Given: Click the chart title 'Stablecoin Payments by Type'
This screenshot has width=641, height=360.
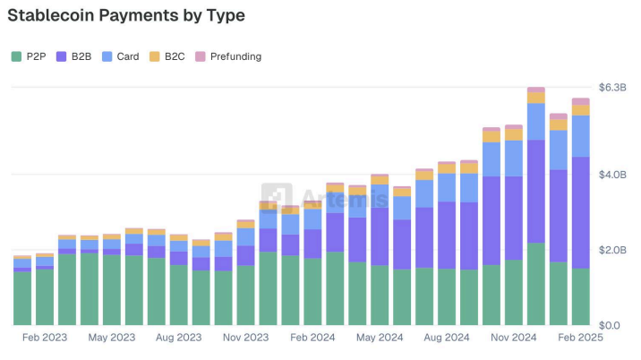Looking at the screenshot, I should point(126,15).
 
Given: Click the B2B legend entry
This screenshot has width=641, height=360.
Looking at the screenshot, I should point(74,56).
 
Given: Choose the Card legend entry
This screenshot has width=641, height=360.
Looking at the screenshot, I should point(120,56).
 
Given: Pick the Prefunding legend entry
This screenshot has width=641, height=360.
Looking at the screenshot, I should point(227,56).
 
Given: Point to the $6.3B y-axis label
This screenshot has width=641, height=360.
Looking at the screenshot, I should point(612,87).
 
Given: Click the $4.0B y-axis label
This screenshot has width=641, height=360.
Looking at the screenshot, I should point(612,174).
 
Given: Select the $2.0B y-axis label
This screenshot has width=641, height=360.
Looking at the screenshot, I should point(612,250).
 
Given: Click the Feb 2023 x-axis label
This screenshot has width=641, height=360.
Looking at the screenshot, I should point(45,339).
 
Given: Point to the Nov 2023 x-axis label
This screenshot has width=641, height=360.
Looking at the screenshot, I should point(245,339).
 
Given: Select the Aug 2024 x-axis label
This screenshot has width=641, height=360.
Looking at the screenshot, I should point(447,339).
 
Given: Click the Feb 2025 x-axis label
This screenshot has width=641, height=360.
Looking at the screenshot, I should point(580,339).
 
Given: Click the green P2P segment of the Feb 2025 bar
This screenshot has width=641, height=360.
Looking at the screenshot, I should point(580,296).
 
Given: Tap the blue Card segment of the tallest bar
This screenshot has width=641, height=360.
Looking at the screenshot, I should point(536,121).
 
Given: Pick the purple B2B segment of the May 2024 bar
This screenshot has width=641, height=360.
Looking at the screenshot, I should point(380,236).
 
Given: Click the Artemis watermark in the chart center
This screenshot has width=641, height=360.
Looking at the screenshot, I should point(326,197).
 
